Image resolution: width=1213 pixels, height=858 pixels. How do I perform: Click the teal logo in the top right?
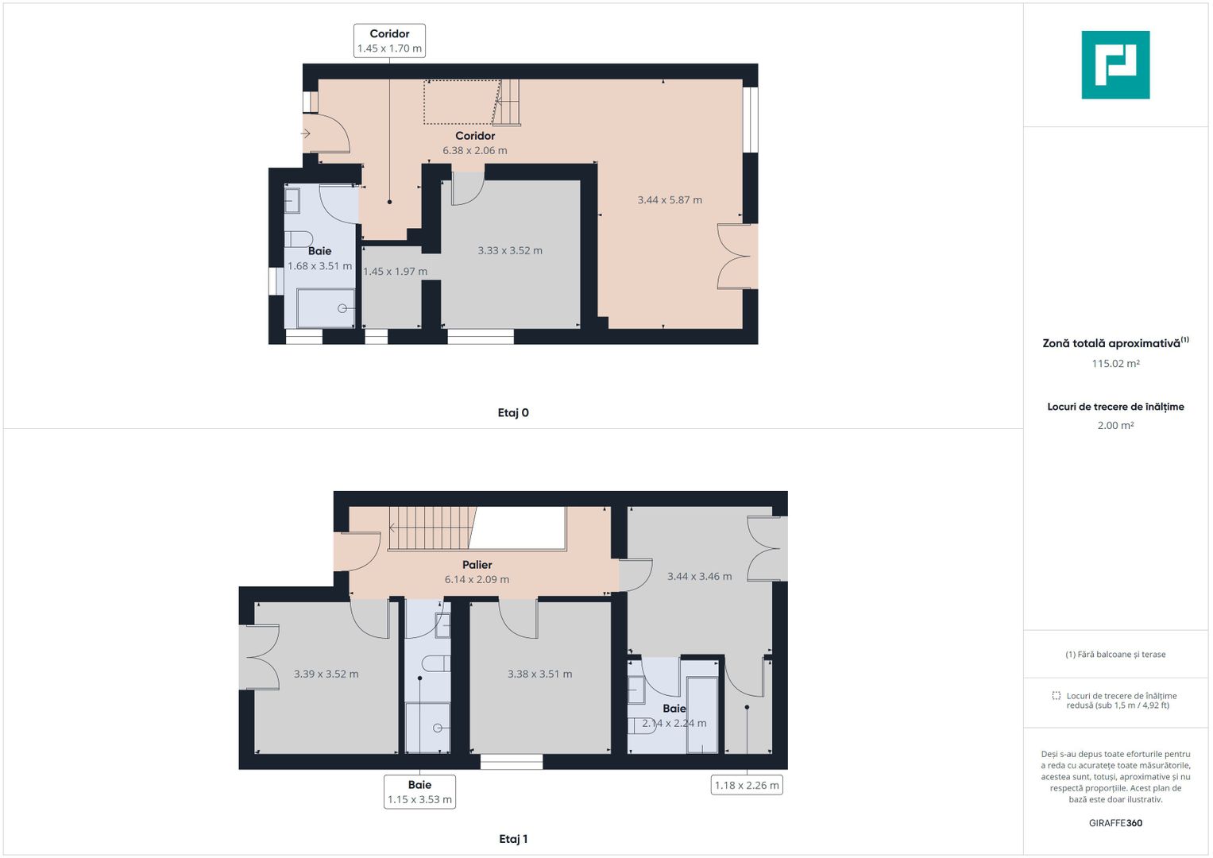coord(1115,65)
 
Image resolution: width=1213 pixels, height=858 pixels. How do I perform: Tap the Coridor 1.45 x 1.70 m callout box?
coord(389,41)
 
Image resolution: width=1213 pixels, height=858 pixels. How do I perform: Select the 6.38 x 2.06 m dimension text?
coord(475,150)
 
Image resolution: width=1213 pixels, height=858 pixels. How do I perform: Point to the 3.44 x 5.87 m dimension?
coord(670,200)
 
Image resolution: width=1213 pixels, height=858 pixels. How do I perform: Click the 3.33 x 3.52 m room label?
coord(510,250)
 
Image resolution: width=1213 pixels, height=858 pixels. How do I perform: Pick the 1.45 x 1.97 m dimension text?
coord(395,272)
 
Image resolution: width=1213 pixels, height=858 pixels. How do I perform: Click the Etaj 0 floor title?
coord(513,412)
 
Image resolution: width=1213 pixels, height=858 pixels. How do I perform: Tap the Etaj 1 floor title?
coord(513,839)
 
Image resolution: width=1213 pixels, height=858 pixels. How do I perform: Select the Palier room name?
coord(477,565)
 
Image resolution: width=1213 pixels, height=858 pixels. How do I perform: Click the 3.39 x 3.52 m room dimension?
coord(326,674)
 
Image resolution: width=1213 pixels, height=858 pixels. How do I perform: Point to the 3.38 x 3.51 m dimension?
coord(540,674)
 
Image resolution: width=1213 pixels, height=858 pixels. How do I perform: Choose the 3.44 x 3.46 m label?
coord(700,577)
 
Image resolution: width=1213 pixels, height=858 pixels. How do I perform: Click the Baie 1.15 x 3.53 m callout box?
coord(419,792)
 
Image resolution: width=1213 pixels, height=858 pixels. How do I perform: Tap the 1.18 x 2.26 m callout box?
coord(747,786)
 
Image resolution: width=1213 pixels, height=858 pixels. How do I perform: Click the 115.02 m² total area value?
coord(1115,364)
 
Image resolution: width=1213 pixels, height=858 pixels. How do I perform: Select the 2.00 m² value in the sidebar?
coord(1115,426)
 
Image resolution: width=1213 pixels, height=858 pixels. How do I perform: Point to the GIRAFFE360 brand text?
coord(1115,823)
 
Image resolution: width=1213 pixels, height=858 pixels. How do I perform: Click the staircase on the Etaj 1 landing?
coord(429,528)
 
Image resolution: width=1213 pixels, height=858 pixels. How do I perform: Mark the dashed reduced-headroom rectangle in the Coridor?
coord(461,102)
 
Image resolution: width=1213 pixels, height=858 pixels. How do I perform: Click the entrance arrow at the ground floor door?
coord(306,133)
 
